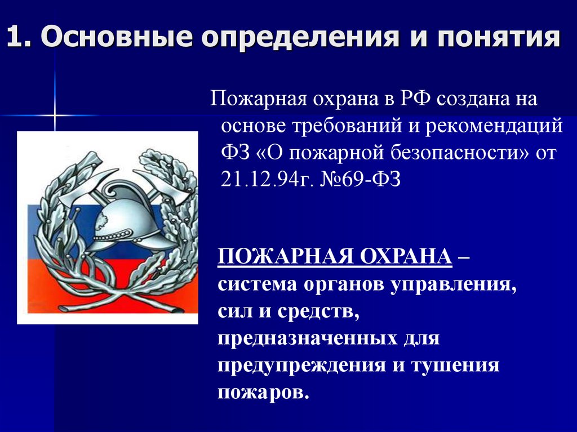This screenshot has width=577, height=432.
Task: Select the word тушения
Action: coord(456,366)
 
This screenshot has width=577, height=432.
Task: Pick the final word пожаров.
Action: coord(263,392)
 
